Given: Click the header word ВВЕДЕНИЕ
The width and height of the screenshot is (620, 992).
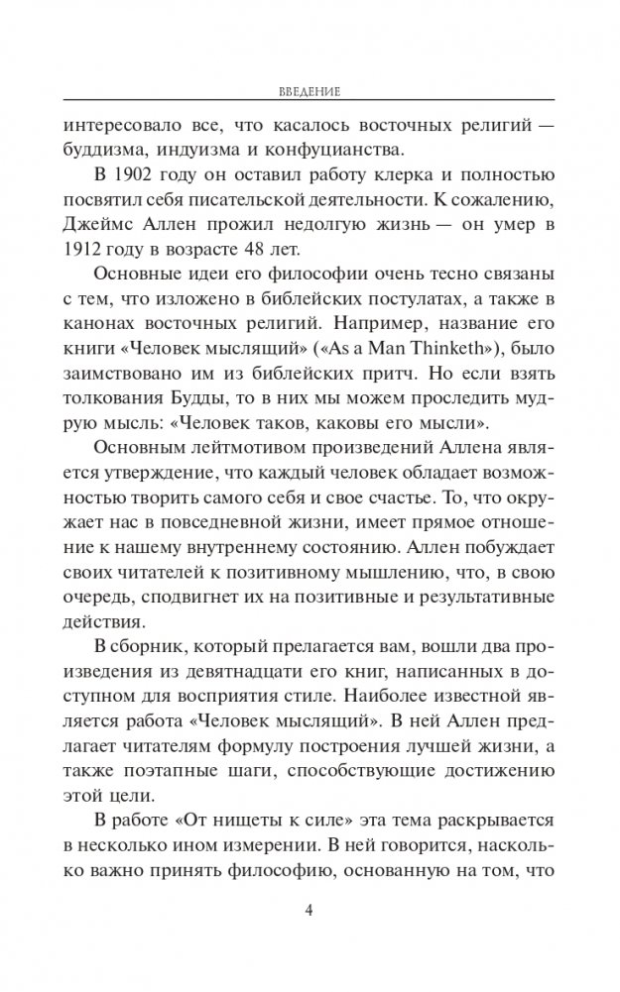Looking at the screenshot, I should (x=310, y=91).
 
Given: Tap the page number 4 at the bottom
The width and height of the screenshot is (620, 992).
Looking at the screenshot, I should (x=310, y=913).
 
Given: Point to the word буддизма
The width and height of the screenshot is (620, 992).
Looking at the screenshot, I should (x=101, y=151).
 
